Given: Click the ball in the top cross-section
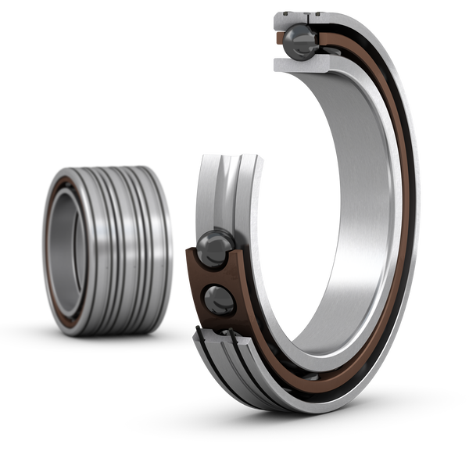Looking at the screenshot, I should click(299, 38).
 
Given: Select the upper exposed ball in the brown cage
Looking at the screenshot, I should click(213, 249).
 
